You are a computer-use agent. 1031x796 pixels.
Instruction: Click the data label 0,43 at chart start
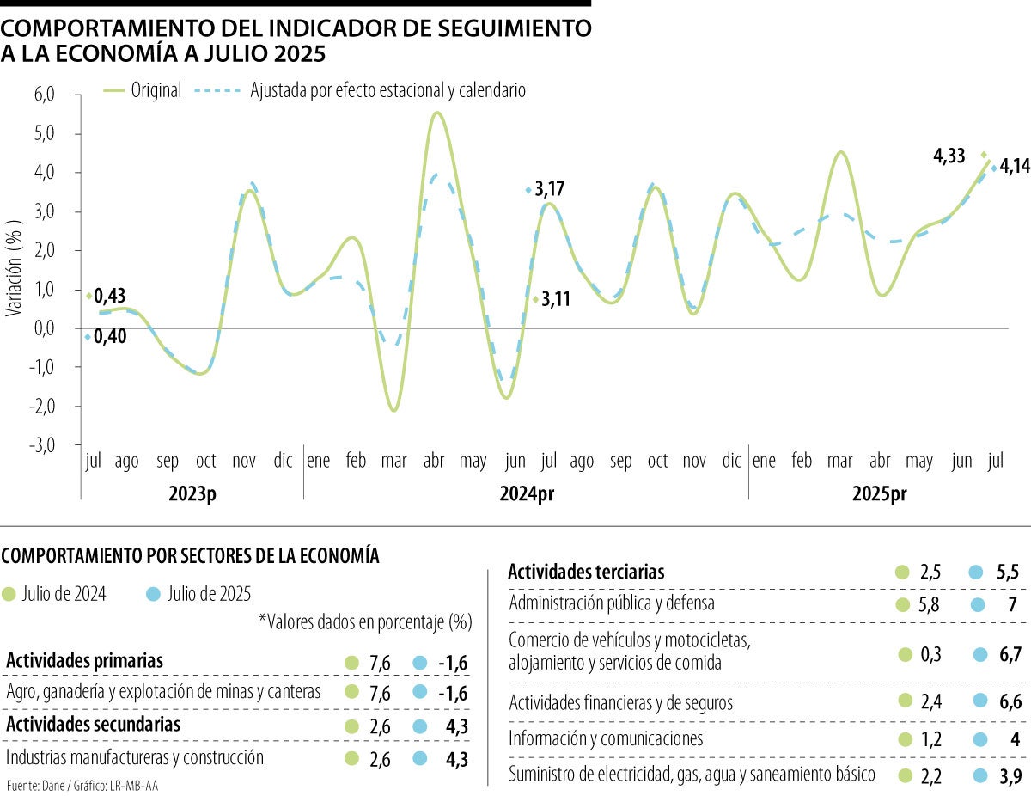110,296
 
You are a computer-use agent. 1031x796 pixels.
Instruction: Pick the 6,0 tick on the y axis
44,95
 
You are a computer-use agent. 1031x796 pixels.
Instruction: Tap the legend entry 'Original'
156,90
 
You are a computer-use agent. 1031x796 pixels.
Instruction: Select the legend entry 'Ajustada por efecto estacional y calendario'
387,90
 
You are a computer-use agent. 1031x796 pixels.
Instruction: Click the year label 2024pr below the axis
527,494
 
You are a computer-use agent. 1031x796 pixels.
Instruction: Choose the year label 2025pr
879,494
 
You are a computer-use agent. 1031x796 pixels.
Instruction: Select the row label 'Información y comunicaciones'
606,738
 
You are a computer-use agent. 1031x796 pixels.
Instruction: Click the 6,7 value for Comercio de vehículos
1010,655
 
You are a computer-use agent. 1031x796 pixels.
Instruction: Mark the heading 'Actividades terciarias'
586,572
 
